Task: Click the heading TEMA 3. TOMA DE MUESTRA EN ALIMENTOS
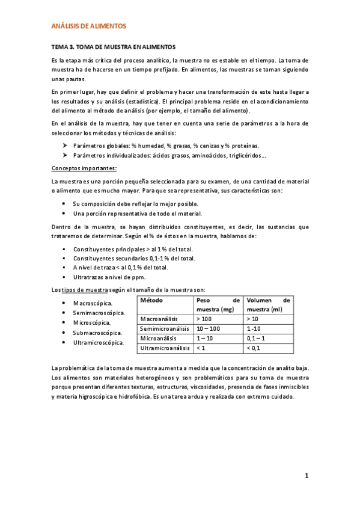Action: click(113, 46)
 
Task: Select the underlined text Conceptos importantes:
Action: click(84, 168)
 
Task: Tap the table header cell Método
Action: click(151, 300)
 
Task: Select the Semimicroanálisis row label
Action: click(165, 329)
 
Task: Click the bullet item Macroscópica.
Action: click(92, 303)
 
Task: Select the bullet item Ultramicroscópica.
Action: click(99, 342)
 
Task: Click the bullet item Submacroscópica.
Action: click(97, 333)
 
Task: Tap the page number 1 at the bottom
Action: click(306, 477)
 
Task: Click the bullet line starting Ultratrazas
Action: click(108, 278)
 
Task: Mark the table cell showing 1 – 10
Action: click(206, 339)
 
